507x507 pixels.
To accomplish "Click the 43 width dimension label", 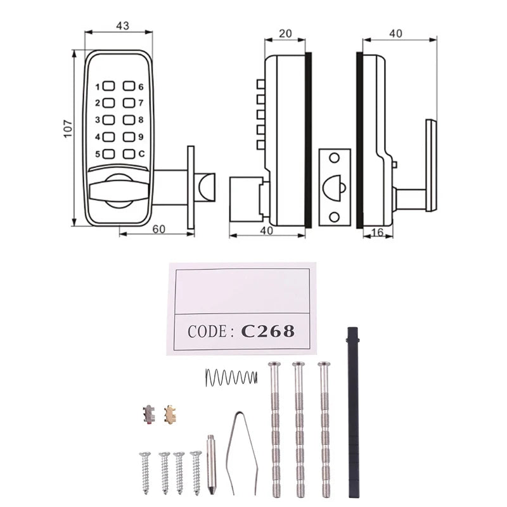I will click(123, 26).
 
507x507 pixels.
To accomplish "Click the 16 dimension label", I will click(377, 233).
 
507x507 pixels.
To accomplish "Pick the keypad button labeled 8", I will click(129, 120).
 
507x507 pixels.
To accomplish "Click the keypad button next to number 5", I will click(108, 153).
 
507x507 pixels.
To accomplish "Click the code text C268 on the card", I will click(268, 331).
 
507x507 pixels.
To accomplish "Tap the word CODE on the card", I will click(208, 331).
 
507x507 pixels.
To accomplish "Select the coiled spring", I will click(231, 378).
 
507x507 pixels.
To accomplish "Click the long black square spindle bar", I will click(353, 412).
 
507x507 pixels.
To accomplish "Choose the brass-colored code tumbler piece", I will click(170, 414).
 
